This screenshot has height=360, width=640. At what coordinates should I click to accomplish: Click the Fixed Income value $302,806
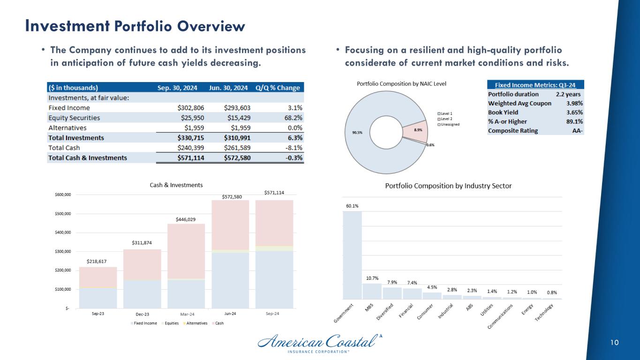[183, 107]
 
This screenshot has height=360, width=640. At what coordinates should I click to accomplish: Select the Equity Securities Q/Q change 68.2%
[291, 118]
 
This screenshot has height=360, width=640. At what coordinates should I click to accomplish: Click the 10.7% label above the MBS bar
[372, 278]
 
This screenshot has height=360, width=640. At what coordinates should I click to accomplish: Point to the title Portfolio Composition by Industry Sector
[448, 186]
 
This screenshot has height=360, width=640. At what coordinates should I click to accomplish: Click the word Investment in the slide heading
[68, 25]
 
